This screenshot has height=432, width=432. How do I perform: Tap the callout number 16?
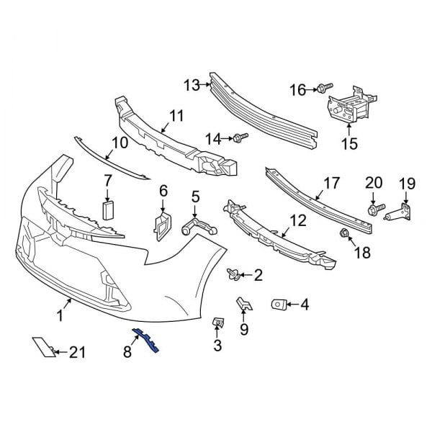298,90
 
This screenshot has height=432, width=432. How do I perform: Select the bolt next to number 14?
238,136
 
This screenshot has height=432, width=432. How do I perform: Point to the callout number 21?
77,352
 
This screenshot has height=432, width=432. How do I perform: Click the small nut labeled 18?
344,233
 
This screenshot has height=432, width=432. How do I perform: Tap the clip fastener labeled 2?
233,274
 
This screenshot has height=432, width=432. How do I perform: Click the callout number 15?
348,144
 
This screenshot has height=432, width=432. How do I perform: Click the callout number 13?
191,86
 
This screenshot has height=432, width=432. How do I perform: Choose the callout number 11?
176,115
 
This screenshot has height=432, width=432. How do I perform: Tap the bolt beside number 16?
320,89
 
